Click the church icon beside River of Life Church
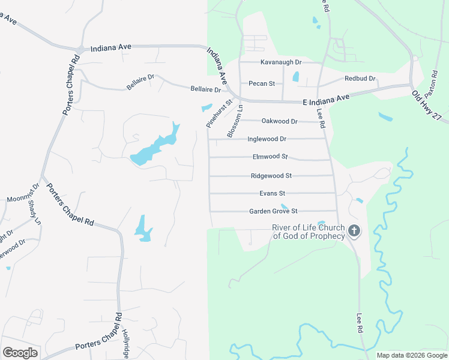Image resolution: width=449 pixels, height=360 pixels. pos(354,230)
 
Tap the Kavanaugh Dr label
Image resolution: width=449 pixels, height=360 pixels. pos(280,62)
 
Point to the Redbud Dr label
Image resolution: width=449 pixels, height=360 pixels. pos(360,79)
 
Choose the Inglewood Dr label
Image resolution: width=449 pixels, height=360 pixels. pos(267,139)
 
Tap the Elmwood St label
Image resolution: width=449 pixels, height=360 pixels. pos(270,157)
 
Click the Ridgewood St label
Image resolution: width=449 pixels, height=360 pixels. pos(271,176)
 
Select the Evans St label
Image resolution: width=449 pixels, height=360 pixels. pos(272,193)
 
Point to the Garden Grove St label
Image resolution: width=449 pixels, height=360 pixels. pos(273,211)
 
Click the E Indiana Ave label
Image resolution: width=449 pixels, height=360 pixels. pos(326,98)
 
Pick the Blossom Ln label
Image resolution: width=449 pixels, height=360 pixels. pos(235,122)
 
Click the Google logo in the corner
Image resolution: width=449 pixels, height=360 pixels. pos(20,353)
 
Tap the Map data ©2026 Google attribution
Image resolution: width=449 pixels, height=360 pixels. pos(412,355)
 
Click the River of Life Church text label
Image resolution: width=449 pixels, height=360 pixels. pos(309,232)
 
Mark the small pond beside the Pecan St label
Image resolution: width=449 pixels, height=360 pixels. pos(295,77)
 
